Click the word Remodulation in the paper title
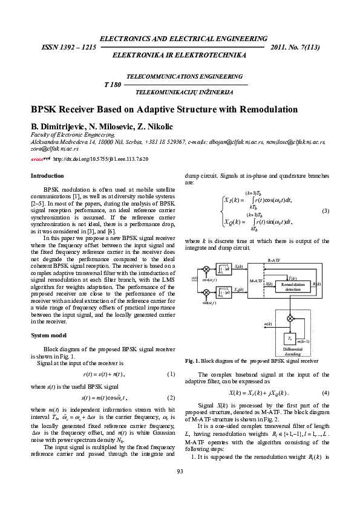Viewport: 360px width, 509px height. (264, 109)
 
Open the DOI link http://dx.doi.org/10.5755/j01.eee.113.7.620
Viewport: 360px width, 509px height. (101, 159)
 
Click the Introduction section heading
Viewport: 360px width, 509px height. (47, 176)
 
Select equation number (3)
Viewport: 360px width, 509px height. (325, 210)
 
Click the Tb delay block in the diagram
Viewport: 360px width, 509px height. (292, 339)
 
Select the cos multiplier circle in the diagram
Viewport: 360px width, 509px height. (207, 268)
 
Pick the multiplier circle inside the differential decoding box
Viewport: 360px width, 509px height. (292, 317)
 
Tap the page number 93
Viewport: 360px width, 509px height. (180, 488)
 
